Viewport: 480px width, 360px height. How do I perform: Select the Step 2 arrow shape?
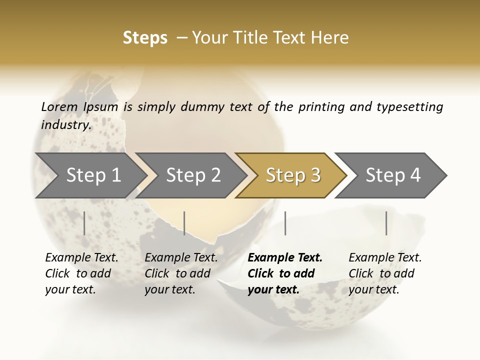tap(192, 175)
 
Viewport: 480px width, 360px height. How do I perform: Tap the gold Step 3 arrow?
tap(292, 175)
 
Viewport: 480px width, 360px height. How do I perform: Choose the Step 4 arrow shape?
tap(392, 175)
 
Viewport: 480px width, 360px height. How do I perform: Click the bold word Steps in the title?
tap(145, 38)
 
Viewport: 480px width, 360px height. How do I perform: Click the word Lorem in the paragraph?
tap(59, 106)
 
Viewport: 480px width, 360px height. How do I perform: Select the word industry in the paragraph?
tap(65, 124)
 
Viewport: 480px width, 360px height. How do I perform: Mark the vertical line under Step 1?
tap(84, 223)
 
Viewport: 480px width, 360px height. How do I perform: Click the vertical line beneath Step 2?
tap(184, 223)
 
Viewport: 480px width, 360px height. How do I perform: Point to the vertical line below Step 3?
tap(285, 223)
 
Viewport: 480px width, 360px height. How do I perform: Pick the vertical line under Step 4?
tap(386, 223)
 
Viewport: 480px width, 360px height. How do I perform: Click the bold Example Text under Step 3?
tap(285, 257)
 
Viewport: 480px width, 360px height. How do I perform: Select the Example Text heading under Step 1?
tap(81, 257)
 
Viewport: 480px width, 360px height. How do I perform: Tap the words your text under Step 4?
tap(373, 289)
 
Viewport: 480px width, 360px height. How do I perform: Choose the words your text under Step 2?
tap(169, 289)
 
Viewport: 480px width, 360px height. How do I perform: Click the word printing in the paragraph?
tap(320, 107)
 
